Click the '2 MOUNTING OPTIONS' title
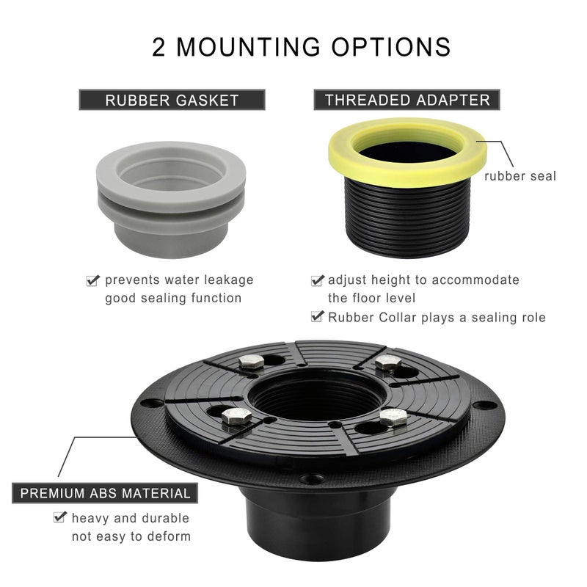coord(301,47)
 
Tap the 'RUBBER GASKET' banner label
coord(172,100)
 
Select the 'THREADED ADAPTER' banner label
coord(407,100)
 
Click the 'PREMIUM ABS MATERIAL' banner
coord(105,493)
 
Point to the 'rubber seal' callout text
coord(520,176)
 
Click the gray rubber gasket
coord(171,200)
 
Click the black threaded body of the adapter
coord(406,217)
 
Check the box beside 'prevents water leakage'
coord(93,280)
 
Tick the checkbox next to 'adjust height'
coord(318,280)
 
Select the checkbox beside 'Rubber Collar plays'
coord(318,317)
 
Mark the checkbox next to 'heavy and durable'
coord(60,517)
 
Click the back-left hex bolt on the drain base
coord(252,362)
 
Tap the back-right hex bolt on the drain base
coord(389,363)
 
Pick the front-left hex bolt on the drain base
coord(236,417)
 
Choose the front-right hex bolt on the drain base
coord(393,418)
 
